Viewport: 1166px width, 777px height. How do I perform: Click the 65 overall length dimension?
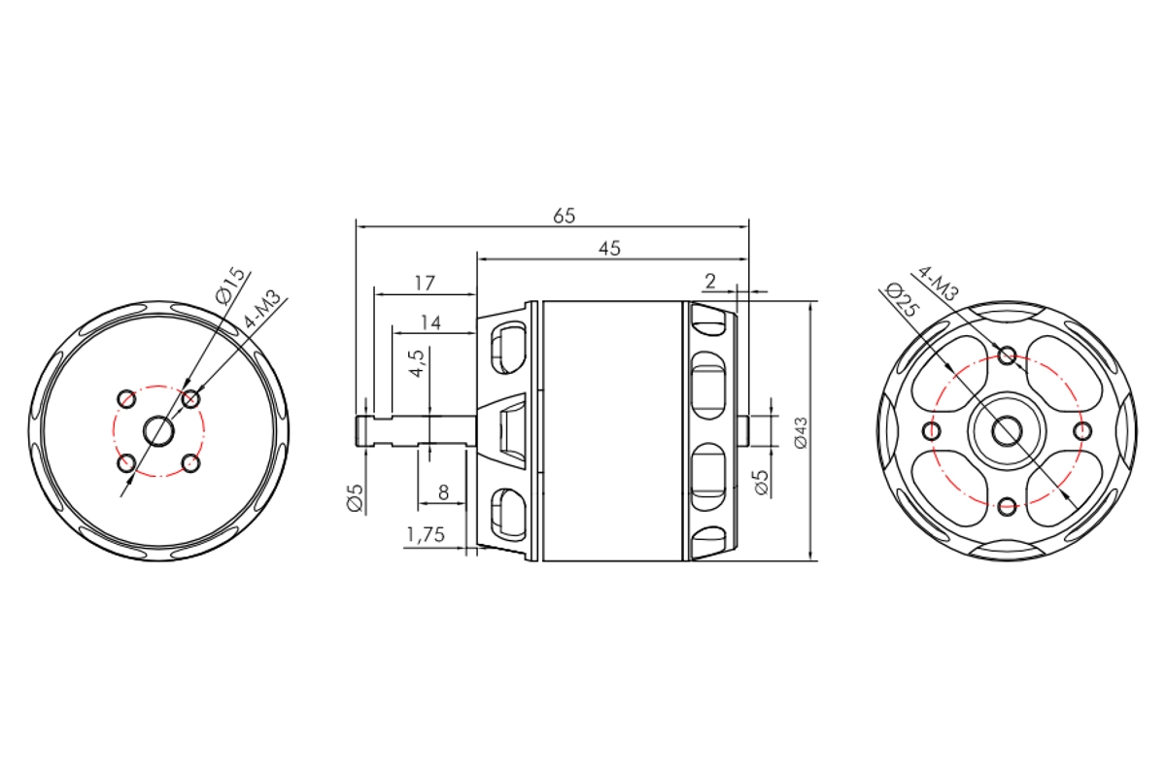[565, 216]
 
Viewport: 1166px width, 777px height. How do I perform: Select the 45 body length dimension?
[609, 249]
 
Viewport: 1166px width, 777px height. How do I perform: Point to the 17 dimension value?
[425, 283]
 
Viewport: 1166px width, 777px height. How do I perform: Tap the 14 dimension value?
[431, 322]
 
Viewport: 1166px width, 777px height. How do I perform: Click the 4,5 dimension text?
[417, 362]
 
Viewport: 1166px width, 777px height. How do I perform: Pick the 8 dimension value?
[443, 491]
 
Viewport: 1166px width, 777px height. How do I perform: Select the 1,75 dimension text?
[426, 534]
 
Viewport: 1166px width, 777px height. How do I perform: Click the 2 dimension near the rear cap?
[710, 282]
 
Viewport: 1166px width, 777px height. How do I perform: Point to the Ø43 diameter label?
[801, 432]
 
